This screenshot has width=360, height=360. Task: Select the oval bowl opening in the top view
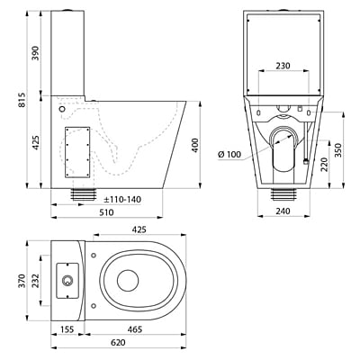(128, 281)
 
